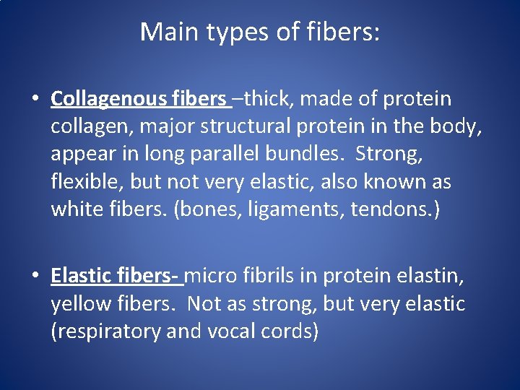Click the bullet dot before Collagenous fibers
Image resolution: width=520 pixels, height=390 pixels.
37,99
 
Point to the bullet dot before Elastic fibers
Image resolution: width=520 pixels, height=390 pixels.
37,277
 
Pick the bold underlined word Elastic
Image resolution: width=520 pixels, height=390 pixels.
79,276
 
